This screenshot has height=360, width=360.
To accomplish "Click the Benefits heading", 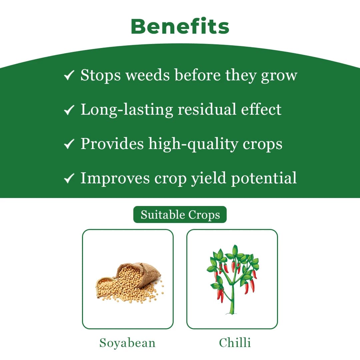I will point(180,26).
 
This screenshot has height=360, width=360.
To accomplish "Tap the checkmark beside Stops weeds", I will point(69,76).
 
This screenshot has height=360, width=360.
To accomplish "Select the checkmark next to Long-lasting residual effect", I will point(69,110).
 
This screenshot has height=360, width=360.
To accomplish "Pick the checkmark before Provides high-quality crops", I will point(69,144).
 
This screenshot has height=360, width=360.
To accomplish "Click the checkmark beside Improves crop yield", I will point(69,179).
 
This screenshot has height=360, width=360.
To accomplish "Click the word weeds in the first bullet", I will point(147,75).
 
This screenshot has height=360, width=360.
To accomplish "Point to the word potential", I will point(263,178).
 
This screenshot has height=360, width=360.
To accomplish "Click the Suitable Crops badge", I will point(180,215).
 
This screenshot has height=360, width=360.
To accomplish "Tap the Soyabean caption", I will point(127,343).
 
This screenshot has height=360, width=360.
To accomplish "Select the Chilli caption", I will point(235,343).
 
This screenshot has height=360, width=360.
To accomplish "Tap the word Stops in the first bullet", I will point(100,75).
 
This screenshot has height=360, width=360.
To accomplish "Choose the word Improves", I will point(115,178).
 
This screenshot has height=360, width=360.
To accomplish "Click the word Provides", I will point(112,144).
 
